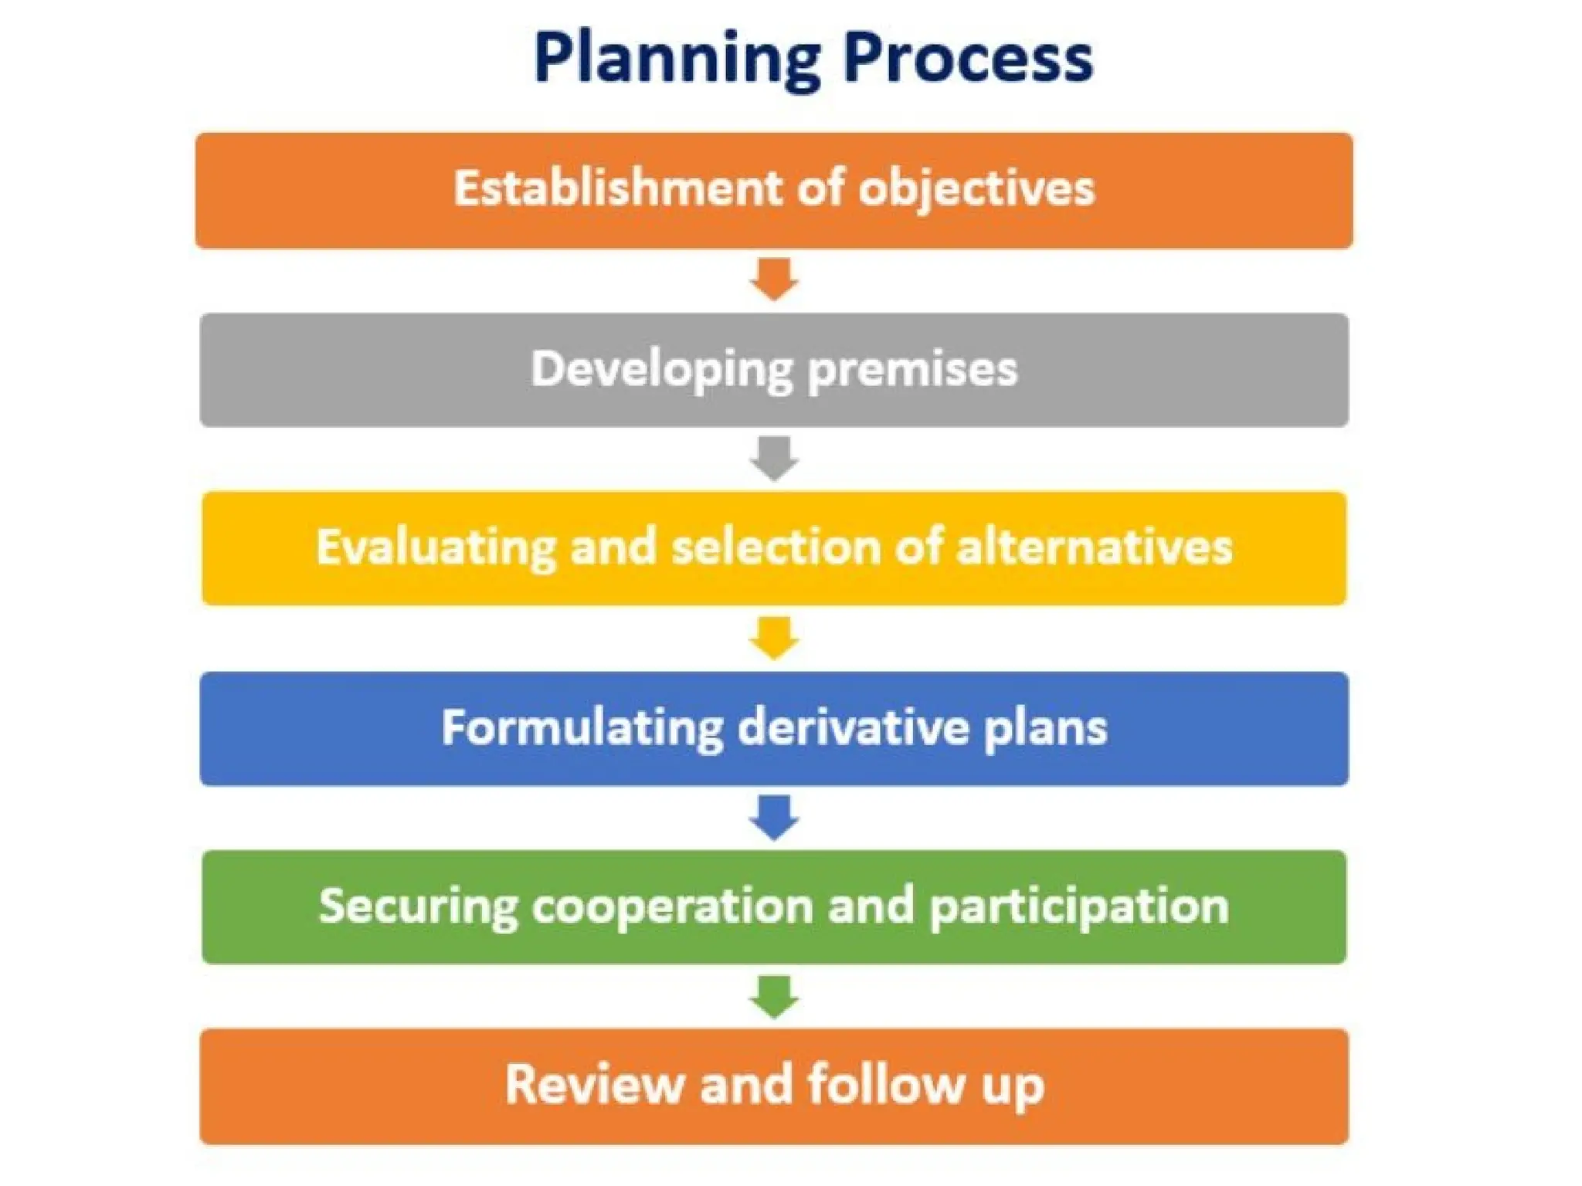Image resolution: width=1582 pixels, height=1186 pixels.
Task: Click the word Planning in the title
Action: point(677,59)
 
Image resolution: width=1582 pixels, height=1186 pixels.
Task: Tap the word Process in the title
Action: point(968,59)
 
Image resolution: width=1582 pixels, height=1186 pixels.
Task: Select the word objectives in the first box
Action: point(976,190)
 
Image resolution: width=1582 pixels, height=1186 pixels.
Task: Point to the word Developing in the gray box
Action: point(661,370)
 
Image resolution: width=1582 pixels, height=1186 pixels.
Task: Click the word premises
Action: point(912,370)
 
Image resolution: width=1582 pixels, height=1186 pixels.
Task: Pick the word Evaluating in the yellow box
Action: point(436,548)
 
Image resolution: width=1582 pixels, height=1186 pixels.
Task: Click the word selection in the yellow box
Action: point(776,547)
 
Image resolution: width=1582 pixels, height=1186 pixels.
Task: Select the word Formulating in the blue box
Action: point(582,728)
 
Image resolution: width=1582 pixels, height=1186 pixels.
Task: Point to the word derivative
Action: point(853,727)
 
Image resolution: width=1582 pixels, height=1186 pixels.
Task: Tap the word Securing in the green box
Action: point(418,907)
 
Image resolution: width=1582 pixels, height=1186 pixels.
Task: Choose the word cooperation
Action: point(671,907)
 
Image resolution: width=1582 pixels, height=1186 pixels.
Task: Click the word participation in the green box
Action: point(1078,908)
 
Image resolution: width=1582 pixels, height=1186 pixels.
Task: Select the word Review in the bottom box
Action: point(595,1085)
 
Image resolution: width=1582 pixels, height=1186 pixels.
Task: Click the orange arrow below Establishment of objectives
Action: point(774,279)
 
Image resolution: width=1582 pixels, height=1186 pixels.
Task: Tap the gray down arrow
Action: point(774,458)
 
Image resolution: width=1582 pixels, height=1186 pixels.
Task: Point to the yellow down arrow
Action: point(774,637)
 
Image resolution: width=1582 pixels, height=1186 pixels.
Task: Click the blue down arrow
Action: point(774,817)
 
